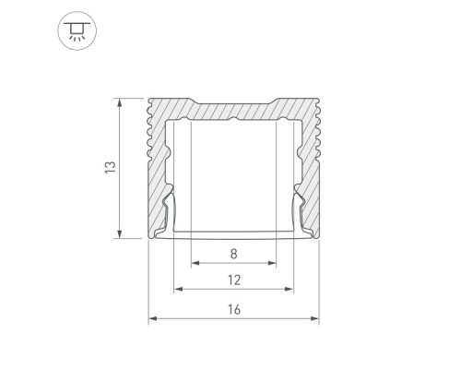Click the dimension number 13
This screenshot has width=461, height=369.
111,167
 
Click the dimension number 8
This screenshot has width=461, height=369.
234,254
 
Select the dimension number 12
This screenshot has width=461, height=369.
234,280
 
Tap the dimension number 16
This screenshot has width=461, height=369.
234,309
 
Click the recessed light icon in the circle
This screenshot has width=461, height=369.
77,30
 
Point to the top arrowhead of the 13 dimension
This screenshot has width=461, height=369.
120,102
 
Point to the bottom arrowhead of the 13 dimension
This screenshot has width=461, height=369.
120,233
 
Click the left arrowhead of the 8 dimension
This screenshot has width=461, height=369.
195,263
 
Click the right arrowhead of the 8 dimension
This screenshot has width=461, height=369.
272,263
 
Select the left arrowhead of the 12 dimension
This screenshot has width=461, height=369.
178,289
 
